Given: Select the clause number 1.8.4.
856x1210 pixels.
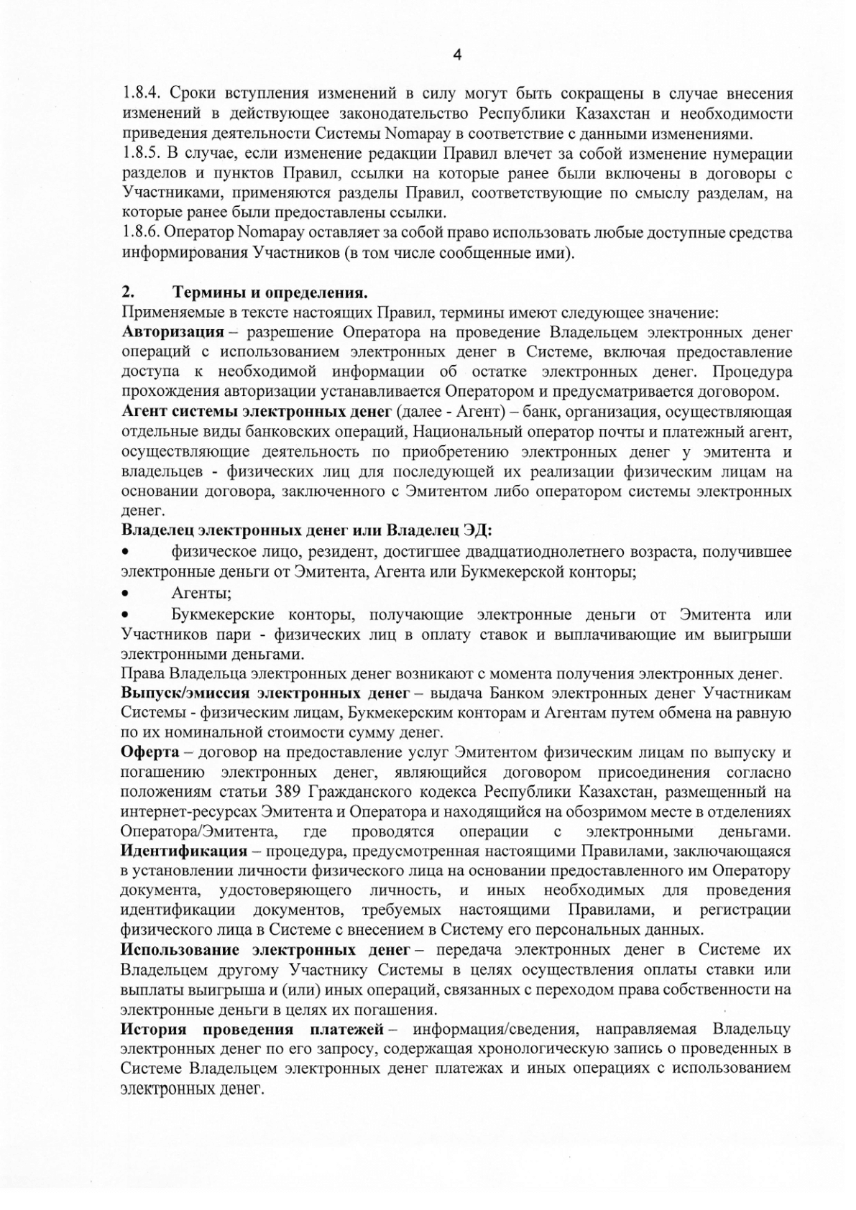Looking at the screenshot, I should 144,94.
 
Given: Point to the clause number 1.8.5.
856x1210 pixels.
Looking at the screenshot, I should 144,153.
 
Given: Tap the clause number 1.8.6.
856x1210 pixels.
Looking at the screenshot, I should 144,233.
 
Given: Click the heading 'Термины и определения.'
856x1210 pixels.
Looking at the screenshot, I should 270,293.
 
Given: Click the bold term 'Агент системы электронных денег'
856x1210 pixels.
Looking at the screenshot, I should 256,412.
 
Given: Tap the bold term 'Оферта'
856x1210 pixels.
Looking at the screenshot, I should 149,752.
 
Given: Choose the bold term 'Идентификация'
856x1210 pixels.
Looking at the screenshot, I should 184,851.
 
